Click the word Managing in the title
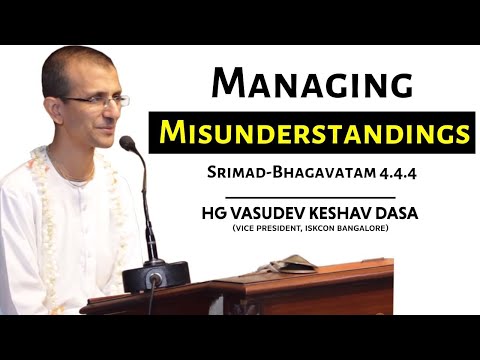(313, 85)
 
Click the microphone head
(128, 144)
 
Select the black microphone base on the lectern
(165, 272)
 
